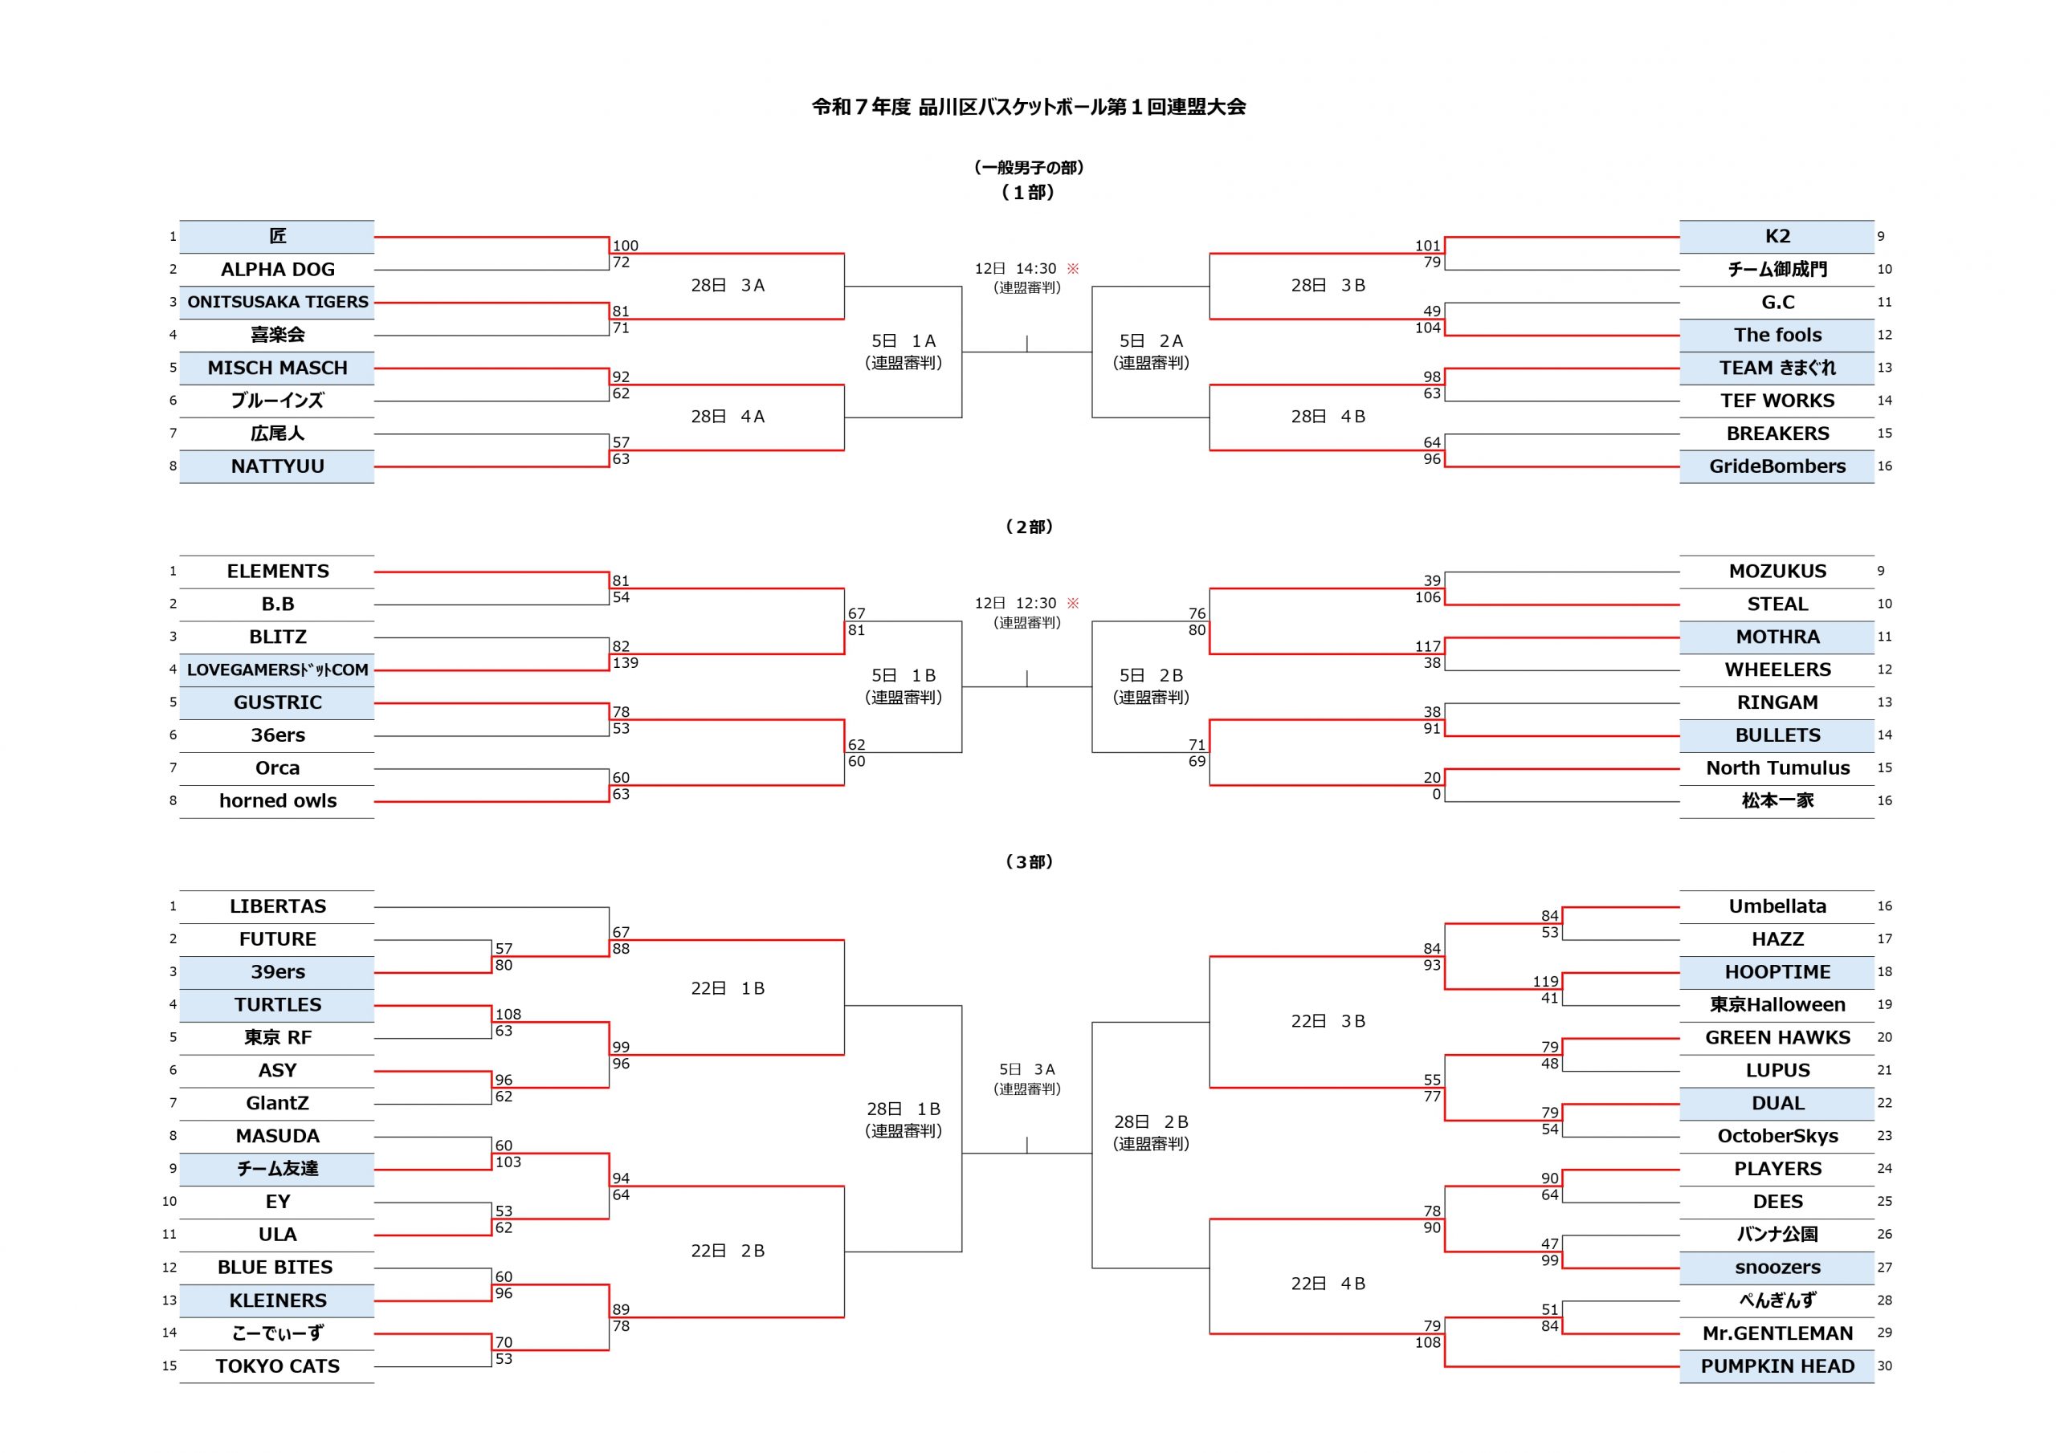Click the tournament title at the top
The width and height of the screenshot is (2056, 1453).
pos(1028,107)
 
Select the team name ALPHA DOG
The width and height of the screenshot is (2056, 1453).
pos(278,270)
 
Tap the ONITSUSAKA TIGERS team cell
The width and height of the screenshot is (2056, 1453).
pos(277,303)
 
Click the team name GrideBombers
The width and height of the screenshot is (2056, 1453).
pos(1777,466)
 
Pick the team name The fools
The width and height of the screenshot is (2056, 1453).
pos(1777,335)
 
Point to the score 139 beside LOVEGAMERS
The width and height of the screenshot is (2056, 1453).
pos(625,663)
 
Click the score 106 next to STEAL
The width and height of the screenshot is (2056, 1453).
pos(1427,597)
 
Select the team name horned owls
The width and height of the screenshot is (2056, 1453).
pos(278,801)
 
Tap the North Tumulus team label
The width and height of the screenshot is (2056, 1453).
pos(1777,768)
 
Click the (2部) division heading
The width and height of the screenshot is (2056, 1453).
pos(1028,527)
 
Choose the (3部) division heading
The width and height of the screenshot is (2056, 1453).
pos(1028,861)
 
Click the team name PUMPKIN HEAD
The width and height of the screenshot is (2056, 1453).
pos(1777,1366)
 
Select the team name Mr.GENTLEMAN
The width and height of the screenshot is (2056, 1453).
pos(1777,1333)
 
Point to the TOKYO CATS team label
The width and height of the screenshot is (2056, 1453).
pos(278,1366)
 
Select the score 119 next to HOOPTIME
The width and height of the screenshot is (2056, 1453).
pos(1544,981)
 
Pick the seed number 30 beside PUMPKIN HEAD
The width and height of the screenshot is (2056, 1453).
pos(1884,1366)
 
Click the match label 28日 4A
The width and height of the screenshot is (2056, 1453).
pos(727,417)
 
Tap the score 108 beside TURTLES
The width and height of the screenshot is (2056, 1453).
pos(508,1015)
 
